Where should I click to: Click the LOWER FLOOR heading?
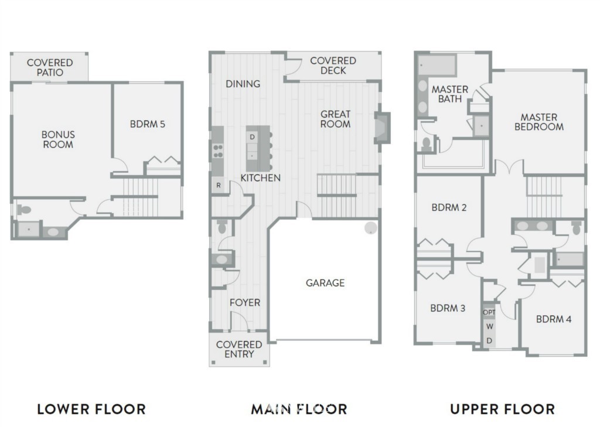[x=91, y=409]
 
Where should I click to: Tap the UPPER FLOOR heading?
[x=502, y=409]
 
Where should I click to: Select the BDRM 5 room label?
[x=147, y=124]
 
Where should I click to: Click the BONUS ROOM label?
[x=58, y=139]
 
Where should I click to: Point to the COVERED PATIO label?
[x=50, y=67]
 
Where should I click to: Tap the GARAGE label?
[x=325, y=283]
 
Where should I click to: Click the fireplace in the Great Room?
[x=381, y=128]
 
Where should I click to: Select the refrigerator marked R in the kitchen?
[x=218, y=185]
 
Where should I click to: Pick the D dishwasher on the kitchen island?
[x=252, y=136]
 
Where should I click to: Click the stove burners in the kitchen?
[x=218, y=151]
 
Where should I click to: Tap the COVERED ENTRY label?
[x=239, y=349]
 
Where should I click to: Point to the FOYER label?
[x=245, y=303]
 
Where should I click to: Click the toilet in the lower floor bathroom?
[x=23, y=210]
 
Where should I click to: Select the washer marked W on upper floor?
[x=489, y=326]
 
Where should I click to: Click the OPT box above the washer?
[x=489, y=312]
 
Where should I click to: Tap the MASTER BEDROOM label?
[x=539, y=122]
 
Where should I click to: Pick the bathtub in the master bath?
[x=437, y=66]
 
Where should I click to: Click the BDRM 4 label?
[x=554, y=319]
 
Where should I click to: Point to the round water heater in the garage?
[x=370, y=228]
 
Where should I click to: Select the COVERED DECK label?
[x=333, y=66]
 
